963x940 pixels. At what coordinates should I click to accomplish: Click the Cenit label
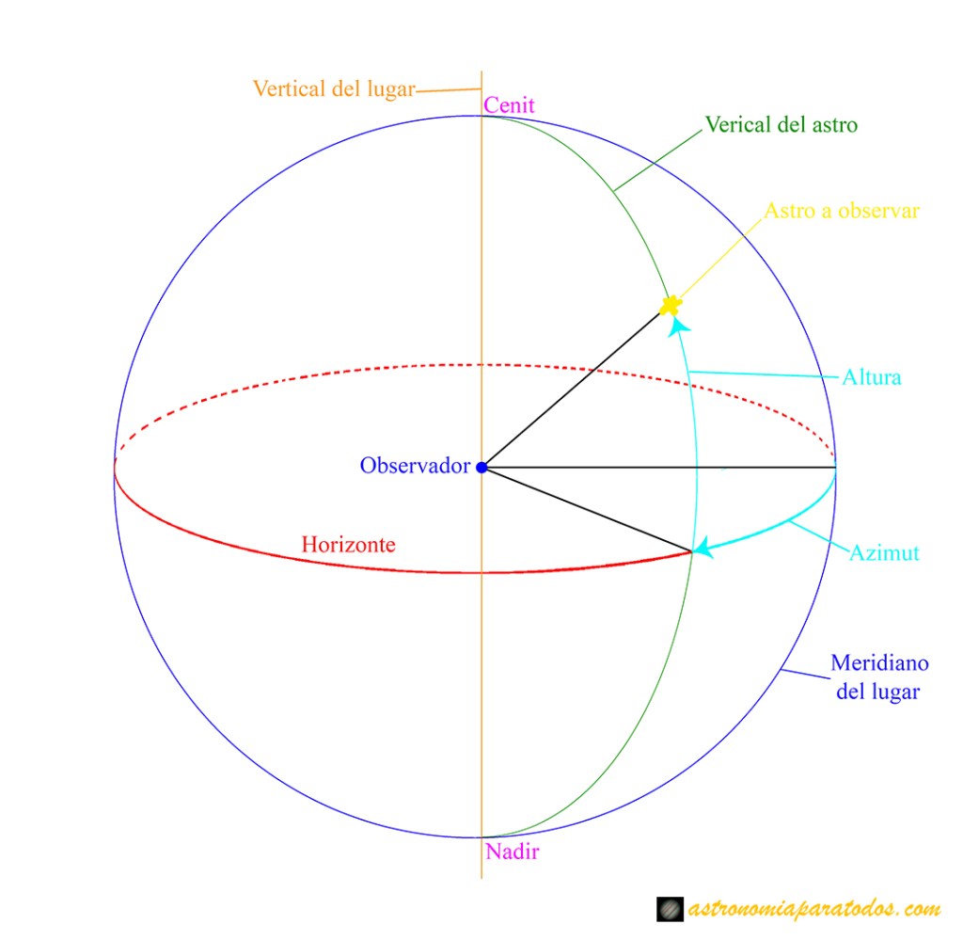tap(509, 105)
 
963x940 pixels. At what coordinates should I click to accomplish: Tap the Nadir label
tap(513, 852)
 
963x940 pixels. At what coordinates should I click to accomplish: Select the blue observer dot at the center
tap(481, 467)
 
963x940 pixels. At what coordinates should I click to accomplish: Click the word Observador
tap(414, 465)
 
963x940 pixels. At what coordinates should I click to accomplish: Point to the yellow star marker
tap(671, 305)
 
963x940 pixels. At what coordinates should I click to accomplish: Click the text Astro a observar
tap(841, 211)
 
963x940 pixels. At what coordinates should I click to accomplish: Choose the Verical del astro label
tap(781, 124)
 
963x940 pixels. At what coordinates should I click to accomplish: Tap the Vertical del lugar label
tap(334, 89)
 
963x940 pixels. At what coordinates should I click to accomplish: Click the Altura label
tap(871, 377)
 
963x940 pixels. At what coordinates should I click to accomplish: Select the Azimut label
tap(883, 553)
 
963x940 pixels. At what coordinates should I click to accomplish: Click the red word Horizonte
tap(348, 544)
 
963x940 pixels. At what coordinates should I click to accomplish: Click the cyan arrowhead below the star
tap(679, 325)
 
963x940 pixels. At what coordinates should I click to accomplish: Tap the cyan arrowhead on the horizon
tap(704, 550)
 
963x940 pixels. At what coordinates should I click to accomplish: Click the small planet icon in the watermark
tap(670, 909)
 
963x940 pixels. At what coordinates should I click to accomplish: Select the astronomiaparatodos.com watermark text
tap(814, 909)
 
